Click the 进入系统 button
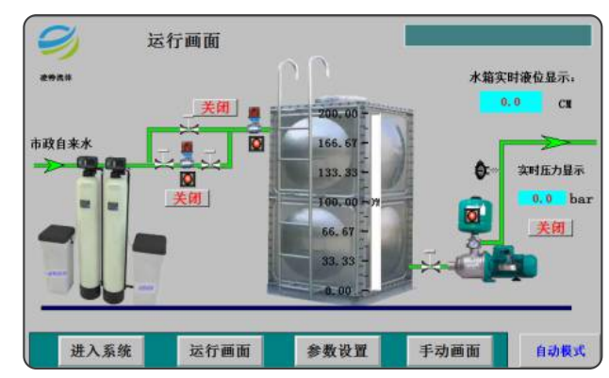(x=101, y=352)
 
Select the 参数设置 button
(x=337, y=352)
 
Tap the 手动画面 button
(x=450, y=352)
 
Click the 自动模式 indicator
(x=560, y=352)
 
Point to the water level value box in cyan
(x=510, y=102)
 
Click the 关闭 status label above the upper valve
(x=215, y=107)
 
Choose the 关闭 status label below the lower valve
(x=187, y=198)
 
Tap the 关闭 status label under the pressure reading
(x=551, y=227)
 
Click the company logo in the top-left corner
(x=58, y=42)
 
